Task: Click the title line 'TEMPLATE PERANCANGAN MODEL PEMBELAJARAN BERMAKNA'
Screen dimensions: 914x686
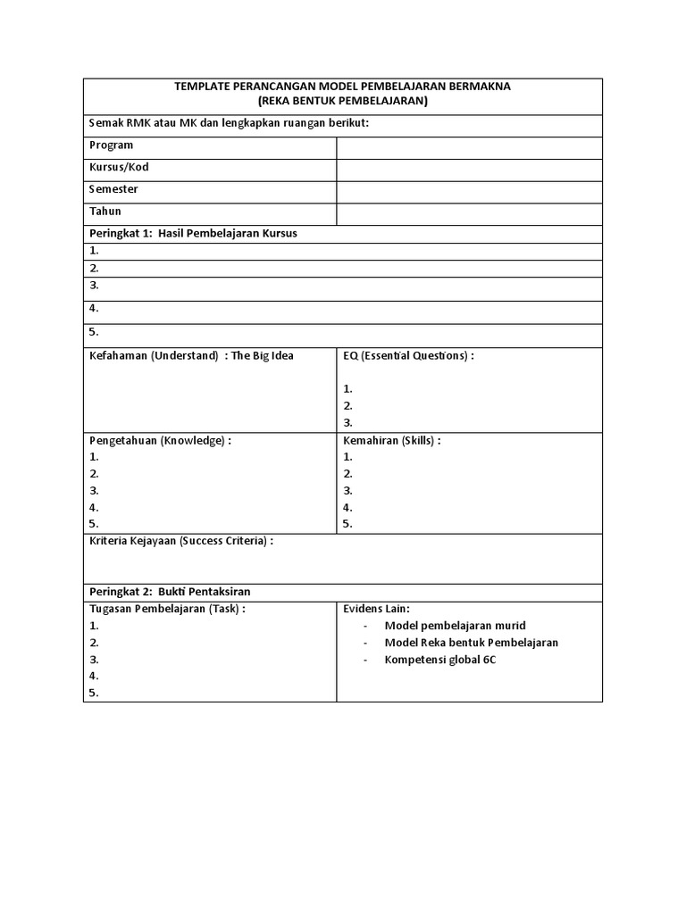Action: coord(343,87)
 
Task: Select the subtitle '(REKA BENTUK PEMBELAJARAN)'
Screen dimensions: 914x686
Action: coord(343,102)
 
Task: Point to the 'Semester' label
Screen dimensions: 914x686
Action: coord(114,190)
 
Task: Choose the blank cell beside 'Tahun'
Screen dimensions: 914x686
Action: coord(469,213)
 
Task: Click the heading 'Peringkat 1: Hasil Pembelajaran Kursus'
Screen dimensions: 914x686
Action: coord(193,234)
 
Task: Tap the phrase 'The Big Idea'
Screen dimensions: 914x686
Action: coord(263,356)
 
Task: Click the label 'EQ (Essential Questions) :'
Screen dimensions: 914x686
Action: coord(408,356)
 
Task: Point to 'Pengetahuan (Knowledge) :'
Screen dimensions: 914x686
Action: coord(160,441)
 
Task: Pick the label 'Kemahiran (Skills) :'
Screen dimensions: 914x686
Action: coord(392,441)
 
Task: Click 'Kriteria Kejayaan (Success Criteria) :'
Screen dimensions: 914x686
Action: coord(181,542)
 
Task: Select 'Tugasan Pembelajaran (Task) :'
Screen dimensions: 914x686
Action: coord(167,610)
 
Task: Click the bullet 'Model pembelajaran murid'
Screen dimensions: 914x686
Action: coord(455,627)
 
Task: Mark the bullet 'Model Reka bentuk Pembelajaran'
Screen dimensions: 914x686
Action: coord(471,644)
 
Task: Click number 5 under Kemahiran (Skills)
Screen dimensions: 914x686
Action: coord(348,525)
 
